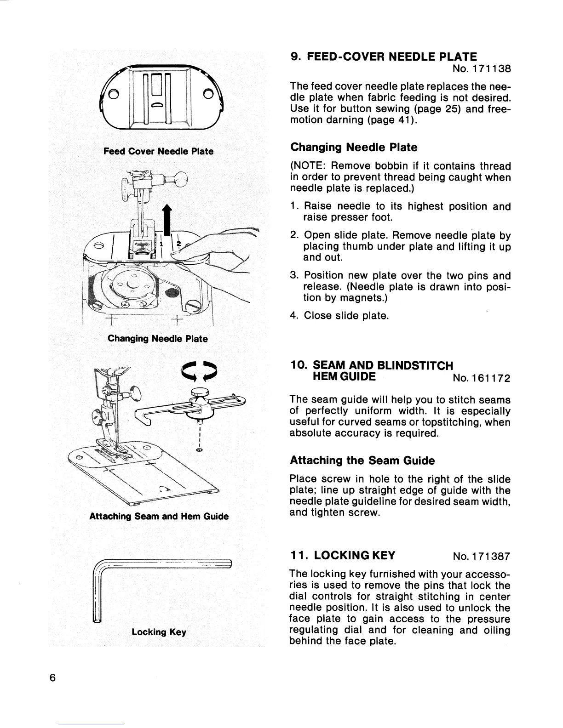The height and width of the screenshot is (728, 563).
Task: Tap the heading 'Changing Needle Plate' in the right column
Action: coord(354,148)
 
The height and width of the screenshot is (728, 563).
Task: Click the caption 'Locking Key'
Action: coord(159,632)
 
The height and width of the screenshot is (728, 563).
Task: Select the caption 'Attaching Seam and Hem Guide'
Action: coord(159,516)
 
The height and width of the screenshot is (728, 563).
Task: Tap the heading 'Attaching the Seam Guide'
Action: coord(362,460)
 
